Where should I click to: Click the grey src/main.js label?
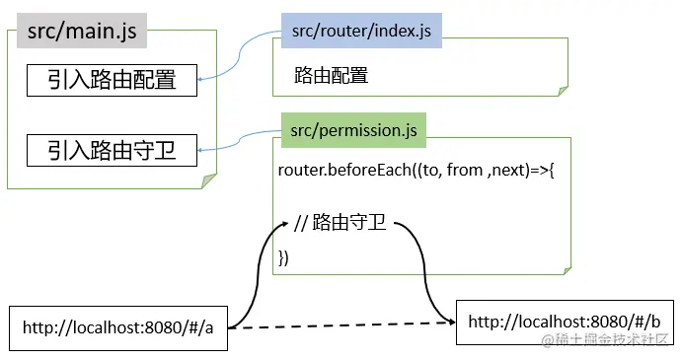[82, 32]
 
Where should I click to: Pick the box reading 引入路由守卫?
[112, 151]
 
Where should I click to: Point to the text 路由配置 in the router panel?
[331, 76]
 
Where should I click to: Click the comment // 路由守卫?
[340, 224]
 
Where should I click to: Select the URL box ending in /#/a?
[118, 328]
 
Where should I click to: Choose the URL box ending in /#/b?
[564, 323]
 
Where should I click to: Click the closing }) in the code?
[284, 258]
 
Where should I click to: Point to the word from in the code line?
[466, 171]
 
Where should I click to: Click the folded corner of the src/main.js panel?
[208, 180]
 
